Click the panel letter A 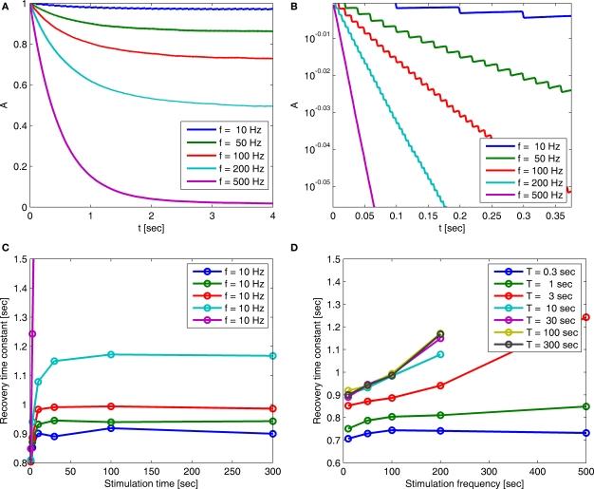[x=6, y=7]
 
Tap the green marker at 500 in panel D [x=586, y=406]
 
